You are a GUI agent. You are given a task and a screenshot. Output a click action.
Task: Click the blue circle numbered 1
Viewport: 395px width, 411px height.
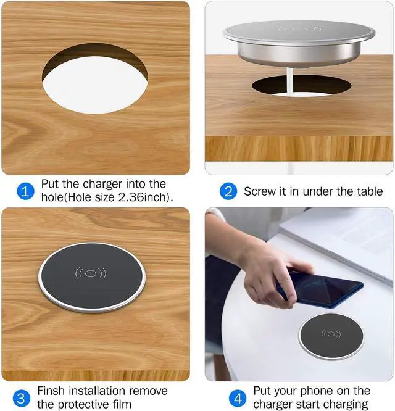click(25, 191)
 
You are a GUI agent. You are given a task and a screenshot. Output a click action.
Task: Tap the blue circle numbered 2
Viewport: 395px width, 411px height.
click(228, 191)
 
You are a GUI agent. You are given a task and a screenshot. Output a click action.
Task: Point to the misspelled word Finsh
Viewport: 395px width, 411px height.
click(52, 391)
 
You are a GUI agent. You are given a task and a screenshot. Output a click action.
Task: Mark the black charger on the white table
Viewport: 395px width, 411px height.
click(331, 337)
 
